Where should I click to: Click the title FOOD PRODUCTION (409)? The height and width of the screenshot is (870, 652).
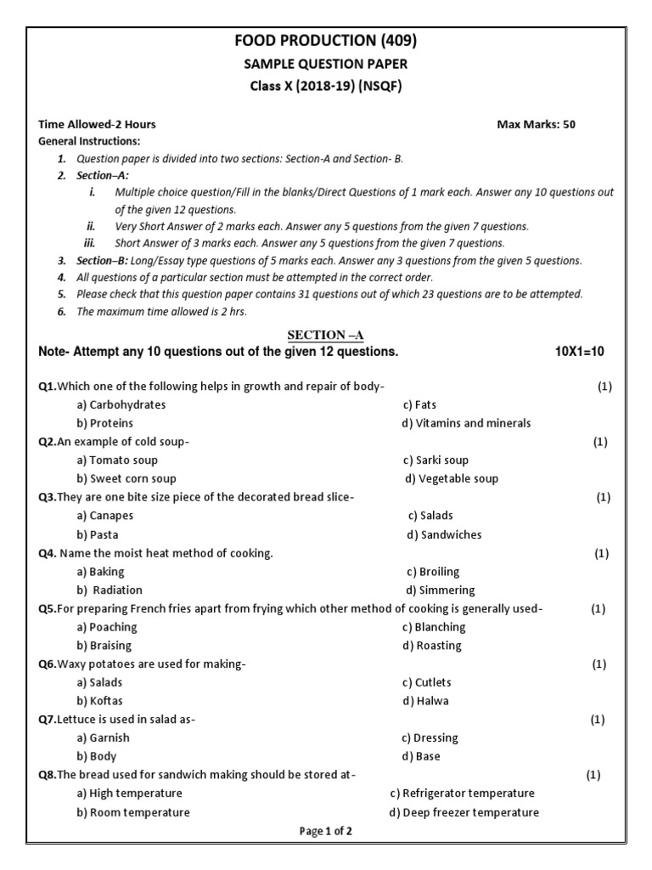click(326, 40)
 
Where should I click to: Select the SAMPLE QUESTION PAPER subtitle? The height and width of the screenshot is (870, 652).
click(326, 64)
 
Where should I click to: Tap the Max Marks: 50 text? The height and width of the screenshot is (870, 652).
click(536, 124)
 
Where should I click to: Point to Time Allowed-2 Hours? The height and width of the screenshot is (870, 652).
click(98, 124)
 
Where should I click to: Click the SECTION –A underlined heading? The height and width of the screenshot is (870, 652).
click(325, 336)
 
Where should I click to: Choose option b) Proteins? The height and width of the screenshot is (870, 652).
click(104, 423)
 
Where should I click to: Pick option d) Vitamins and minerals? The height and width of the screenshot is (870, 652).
click(468, 423)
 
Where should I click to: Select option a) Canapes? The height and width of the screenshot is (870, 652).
click(104, 516)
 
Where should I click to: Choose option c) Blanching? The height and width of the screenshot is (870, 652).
click(434, 627)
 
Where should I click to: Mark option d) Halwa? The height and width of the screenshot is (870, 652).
click(426, 701)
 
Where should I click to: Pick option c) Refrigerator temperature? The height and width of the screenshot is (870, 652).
click(462, 793)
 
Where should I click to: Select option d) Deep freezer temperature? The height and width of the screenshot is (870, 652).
click(464, 812)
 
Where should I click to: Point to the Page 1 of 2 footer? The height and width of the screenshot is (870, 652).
click(325, 832)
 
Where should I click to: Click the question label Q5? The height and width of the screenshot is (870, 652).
click(47, 608)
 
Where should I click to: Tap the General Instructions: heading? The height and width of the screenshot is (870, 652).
click(90, 141)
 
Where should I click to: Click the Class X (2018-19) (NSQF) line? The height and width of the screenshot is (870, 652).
click(326, 87)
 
